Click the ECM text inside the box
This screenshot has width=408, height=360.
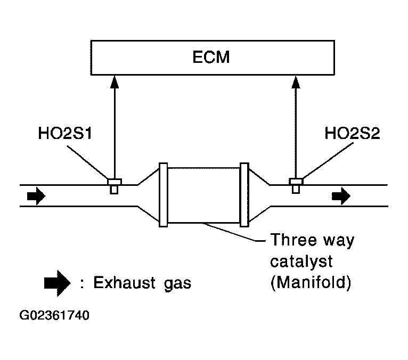(x=211, y=56)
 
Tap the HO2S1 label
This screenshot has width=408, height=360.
(x=65, y=133)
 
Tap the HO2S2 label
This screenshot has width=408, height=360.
(x=352, y=133)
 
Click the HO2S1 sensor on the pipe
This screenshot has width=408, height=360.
(x=115, y=186)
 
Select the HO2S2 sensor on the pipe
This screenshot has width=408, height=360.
(x=296, y=186)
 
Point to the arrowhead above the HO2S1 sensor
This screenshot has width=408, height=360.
(x=115, y=81)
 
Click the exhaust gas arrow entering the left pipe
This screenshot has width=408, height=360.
(x=36, y=196)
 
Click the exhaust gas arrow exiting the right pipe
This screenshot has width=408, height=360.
(x=341, y=196)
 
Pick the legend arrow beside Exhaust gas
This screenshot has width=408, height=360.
(x=57, y=283)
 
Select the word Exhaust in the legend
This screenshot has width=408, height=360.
(x=125, y=283)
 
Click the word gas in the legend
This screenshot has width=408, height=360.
(x=178, y=284)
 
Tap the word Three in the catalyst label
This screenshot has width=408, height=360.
(x=292, y=240)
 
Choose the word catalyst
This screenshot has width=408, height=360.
(x=301, y=261)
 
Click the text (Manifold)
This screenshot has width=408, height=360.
(x=311, y=282)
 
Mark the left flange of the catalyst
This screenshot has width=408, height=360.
(x=163, y=195)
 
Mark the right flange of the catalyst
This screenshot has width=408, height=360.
(x=244, y=195)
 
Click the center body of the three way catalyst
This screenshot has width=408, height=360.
(x=204, y=195)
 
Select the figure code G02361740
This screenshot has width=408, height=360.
(x=54, y=315)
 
